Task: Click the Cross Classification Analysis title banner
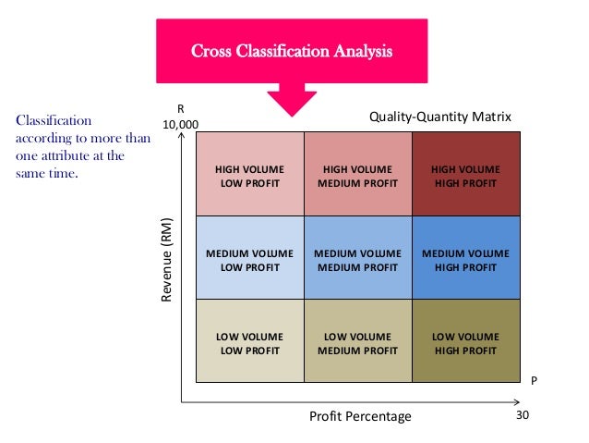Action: click(291, 50)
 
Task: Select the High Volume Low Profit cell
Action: click(250, 175)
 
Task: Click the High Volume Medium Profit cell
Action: click(357, 175)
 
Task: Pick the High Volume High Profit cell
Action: click(465, 175)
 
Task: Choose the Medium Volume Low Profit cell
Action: click(250, 259)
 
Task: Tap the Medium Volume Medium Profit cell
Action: click(357, 259)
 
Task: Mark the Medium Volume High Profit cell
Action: click(465, 259)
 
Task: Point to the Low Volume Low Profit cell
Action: click(250, 343)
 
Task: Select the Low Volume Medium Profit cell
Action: click(357, 343)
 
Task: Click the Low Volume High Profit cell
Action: click(465, 343)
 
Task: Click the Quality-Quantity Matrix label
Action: click(439, 117)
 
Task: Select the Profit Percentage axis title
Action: click(360, 416)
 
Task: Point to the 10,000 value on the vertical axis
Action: click(180, 123)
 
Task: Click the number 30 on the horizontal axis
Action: click(523, 415)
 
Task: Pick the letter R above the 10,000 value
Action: click(180, 107)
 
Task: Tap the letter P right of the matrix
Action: click(535, 380)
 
